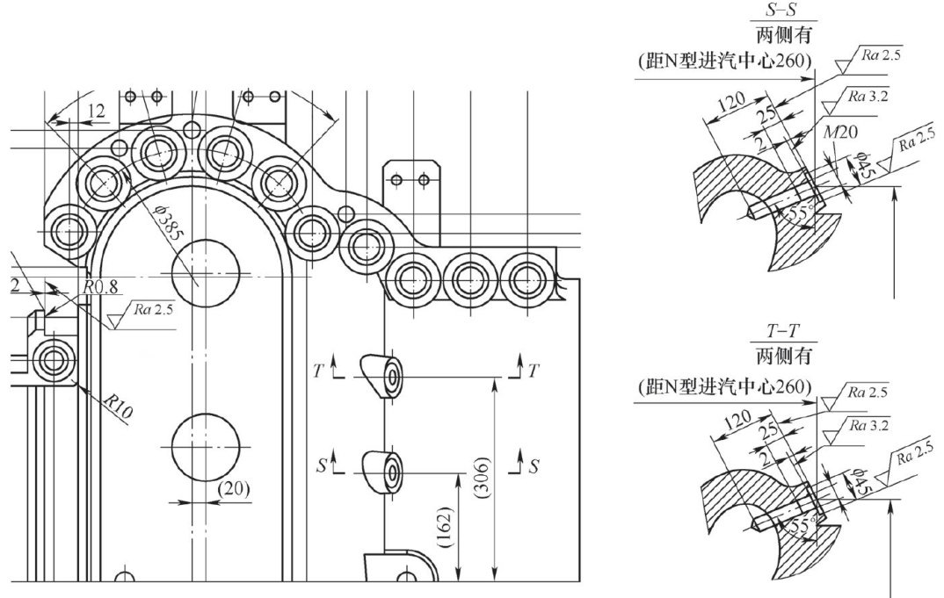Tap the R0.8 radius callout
(100, 287)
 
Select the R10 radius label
(117, 407)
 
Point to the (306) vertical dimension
(483, 478)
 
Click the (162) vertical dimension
(447, 528)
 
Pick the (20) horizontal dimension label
(233, 488)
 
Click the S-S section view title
(783, 10)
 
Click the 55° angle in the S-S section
(800, 211)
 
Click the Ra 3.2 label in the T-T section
(868, 425)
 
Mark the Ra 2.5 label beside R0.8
(153, 309)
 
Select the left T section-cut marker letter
(318, 371)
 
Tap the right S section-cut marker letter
(534, 466)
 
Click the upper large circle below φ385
(206, 273)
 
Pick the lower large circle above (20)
(206, 447)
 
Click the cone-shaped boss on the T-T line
(381, 377)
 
